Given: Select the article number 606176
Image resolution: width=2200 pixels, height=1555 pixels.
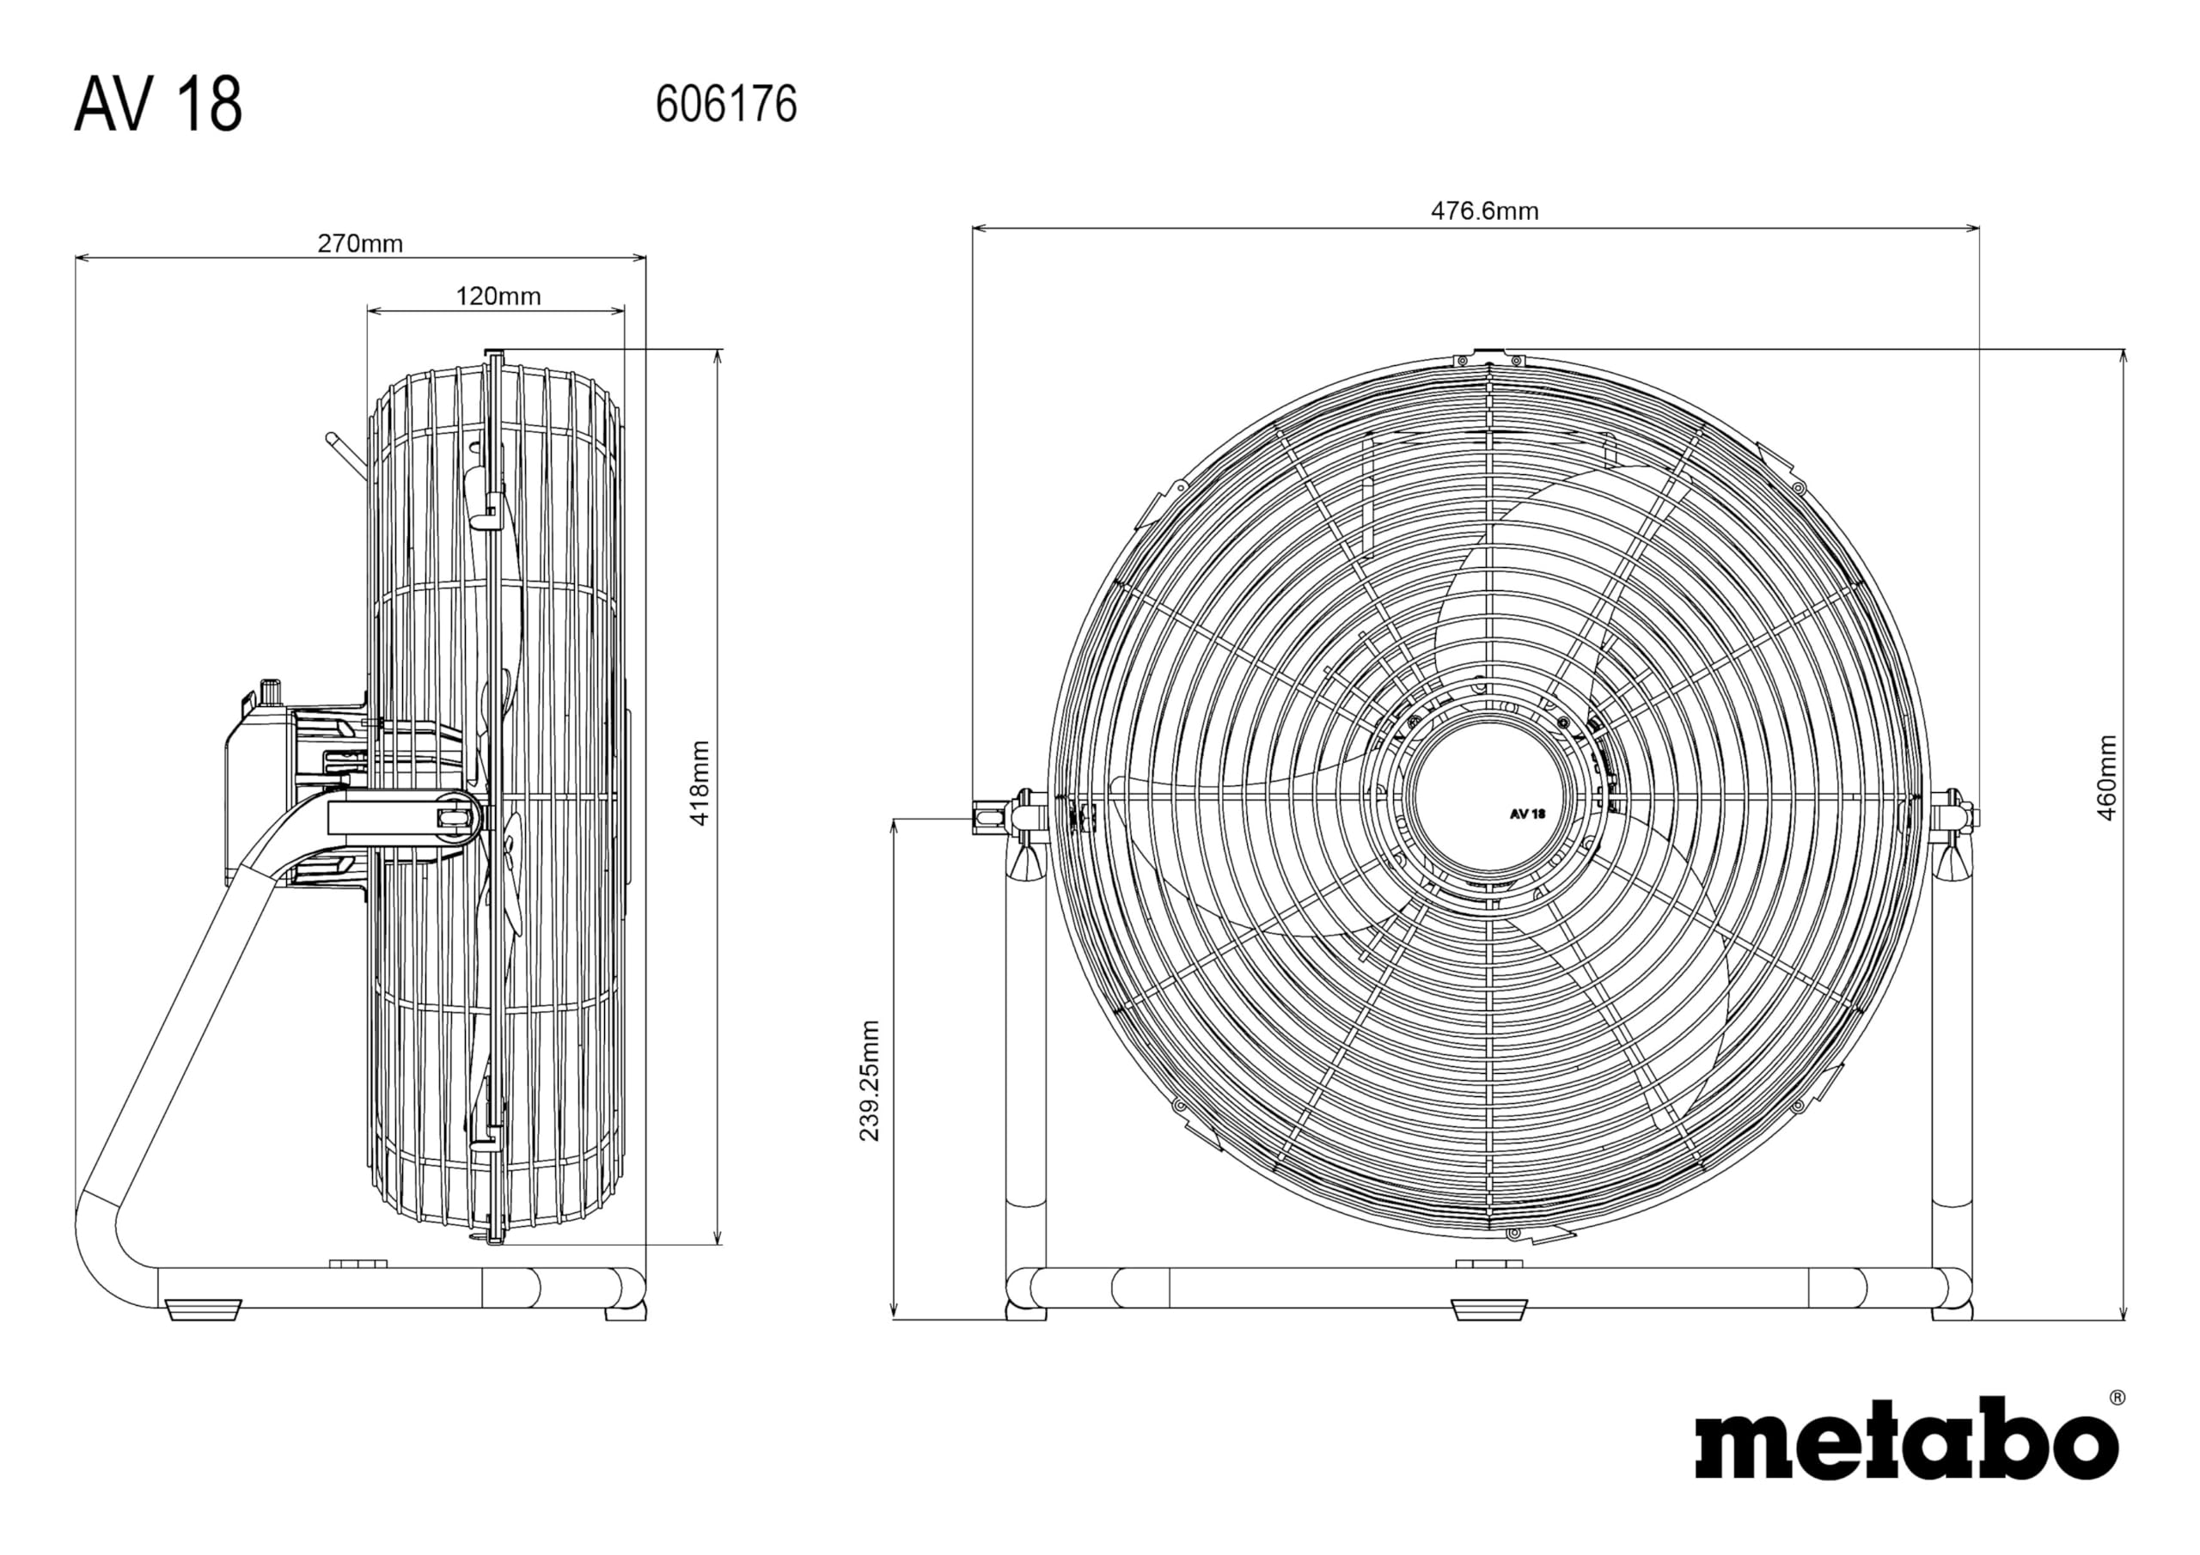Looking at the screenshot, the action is tap(725, 103).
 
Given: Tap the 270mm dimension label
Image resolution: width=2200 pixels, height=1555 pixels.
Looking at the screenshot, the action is tap(360, 243).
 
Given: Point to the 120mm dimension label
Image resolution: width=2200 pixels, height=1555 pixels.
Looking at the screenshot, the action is tap(498, 296).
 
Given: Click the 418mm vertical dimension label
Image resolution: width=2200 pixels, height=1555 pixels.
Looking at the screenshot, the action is tap(700, 784).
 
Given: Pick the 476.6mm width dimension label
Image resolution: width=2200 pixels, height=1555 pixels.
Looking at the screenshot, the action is tap(1484, 210).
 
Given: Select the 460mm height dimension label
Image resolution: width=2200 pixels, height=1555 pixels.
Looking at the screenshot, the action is tap(2107, 778).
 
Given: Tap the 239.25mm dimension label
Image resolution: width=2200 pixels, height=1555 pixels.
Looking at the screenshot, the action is tap(869, 1081).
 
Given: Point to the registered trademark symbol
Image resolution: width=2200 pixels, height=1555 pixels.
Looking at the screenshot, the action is tap(2117, 1398).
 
